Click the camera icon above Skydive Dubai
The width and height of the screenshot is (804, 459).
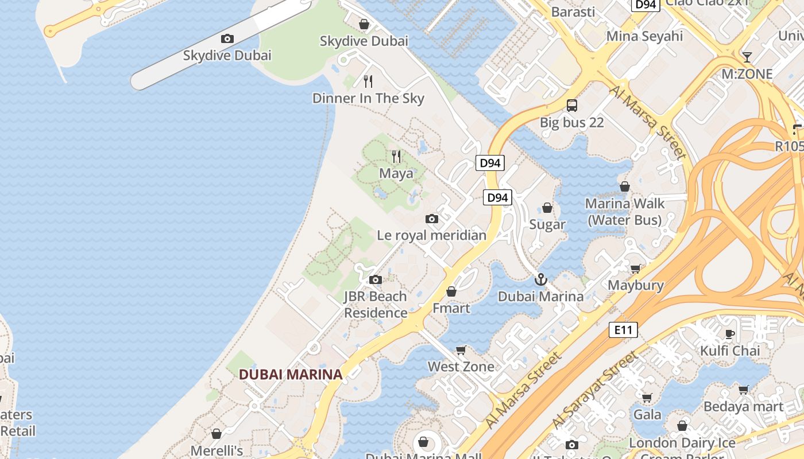tap(227, 39)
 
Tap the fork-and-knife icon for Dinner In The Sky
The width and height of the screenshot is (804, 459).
tap(368, 81)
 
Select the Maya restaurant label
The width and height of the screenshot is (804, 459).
tap(396, 173)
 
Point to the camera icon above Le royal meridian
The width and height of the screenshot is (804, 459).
tap(432, 219)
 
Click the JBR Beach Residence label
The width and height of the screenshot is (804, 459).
tap(375, 305)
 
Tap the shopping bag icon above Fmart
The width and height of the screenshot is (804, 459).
tap(451, 291)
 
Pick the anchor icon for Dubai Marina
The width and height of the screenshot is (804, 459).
tap(540, 279)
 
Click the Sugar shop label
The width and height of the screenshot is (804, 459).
tap(547, 224)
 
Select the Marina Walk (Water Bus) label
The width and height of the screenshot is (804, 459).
tap(624, 212)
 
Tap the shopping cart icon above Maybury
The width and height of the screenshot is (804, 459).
tap(636, 269)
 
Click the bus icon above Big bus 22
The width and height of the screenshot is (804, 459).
tap(572, 106)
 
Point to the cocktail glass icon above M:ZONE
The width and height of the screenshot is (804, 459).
tap(747, 57)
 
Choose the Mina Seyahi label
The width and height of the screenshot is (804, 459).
tap(644, 36)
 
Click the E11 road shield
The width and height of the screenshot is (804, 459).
tap(623, 330)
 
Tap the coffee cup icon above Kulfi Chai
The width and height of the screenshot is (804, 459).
tap(730, 334)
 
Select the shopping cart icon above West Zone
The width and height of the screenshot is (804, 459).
tap(461, 350)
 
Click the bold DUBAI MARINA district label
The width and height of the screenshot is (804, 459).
tap(290, 375)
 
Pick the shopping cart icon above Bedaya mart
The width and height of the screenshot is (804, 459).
tap(744, 390)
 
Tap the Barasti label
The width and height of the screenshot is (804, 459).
tap(573, 12)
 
